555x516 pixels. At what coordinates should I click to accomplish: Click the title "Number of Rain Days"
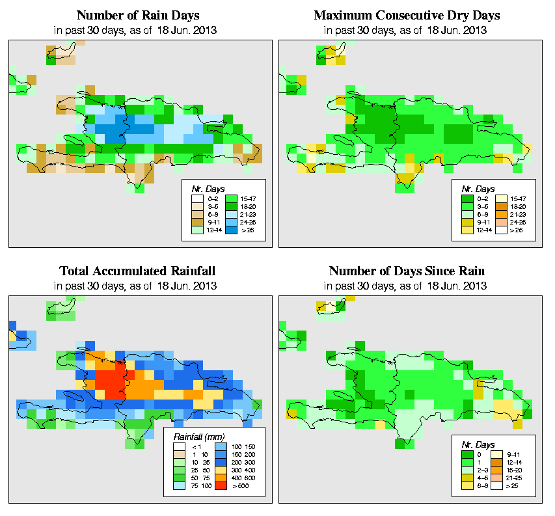pyautogui.click(x=139, y=14)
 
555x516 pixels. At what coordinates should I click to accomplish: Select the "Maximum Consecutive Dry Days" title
pyautogui.click(x=411, y=14)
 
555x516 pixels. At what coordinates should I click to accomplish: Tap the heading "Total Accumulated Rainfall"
pyautogui.click(x=137, y=271)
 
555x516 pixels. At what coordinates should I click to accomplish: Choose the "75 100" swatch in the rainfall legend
pyautogui.click(x=180, y=485)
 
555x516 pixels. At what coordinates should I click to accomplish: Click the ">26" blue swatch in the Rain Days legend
pyautogui.click(x=230, y=230)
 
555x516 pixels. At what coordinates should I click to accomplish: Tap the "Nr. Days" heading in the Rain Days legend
pyautogui.click(x=206, y=189)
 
